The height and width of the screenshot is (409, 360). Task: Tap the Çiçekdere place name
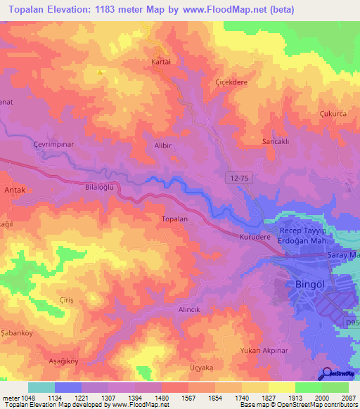pyautogui.click(x=231, y=81)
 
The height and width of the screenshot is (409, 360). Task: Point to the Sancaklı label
pyautogui.click(x=276, y=141)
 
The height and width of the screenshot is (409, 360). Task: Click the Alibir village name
pyautogui.click(x=163, y=144)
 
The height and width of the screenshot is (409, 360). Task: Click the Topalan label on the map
pyautogui.click(x=174, y=219)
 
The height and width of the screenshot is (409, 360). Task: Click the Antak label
pyautogui.click(x=15, y=190)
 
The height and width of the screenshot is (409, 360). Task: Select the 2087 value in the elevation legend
pyautogui.click(x=347, y=397)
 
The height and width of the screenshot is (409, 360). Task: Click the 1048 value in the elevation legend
pyautogui.click(x=25, y=397)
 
